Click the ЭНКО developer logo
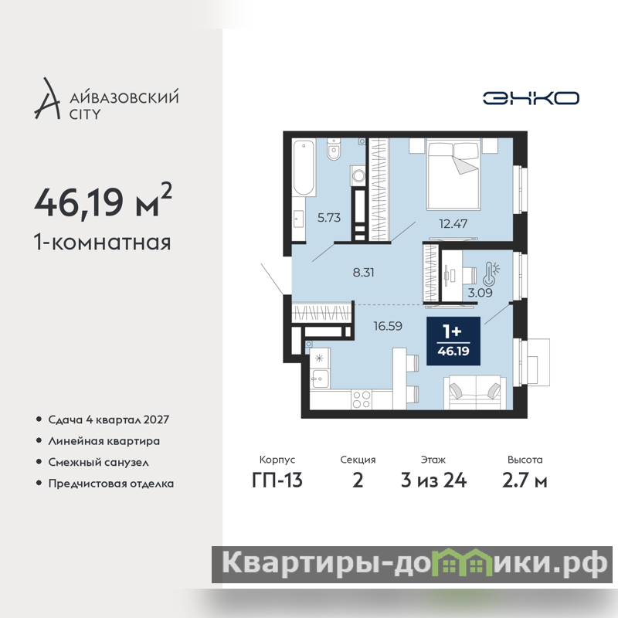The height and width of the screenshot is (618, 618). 531,98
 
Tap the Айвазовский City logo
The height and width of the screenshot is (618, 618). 107,99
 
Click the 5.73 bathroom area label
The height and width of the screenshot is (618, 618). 329,218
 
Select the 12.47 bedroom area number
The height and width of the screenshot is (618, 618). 453,224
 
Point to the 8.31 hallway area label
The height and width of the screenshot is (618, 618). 363,273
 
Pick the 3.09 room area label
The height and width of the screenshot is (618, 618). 480,293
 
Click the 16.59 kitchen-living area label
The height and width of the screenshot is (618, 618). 388,326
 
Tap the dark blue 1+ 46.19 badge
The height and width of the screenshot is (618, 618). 453,341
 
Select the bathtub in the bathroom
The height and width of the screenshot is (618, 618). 304,168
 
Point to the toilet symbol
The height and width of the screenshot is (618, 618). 334,149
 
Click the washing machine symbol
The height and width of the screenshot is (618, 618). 358,175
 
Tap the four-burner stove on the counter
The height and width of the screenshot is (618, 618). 362,399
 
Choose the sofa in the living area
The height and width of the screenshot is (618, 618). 475,392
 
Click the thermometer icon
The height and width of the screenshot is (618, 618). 491,273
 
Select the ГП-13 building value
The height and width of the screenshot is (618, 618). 277,480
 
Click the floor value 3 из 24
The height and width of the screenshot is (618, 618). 433,480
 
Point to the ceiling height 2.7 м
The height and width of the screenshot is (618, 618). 525,480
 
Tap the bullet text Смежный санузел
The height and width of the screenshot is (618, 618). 99,462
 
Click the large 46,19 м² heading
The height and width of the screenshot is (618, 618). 104,201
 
